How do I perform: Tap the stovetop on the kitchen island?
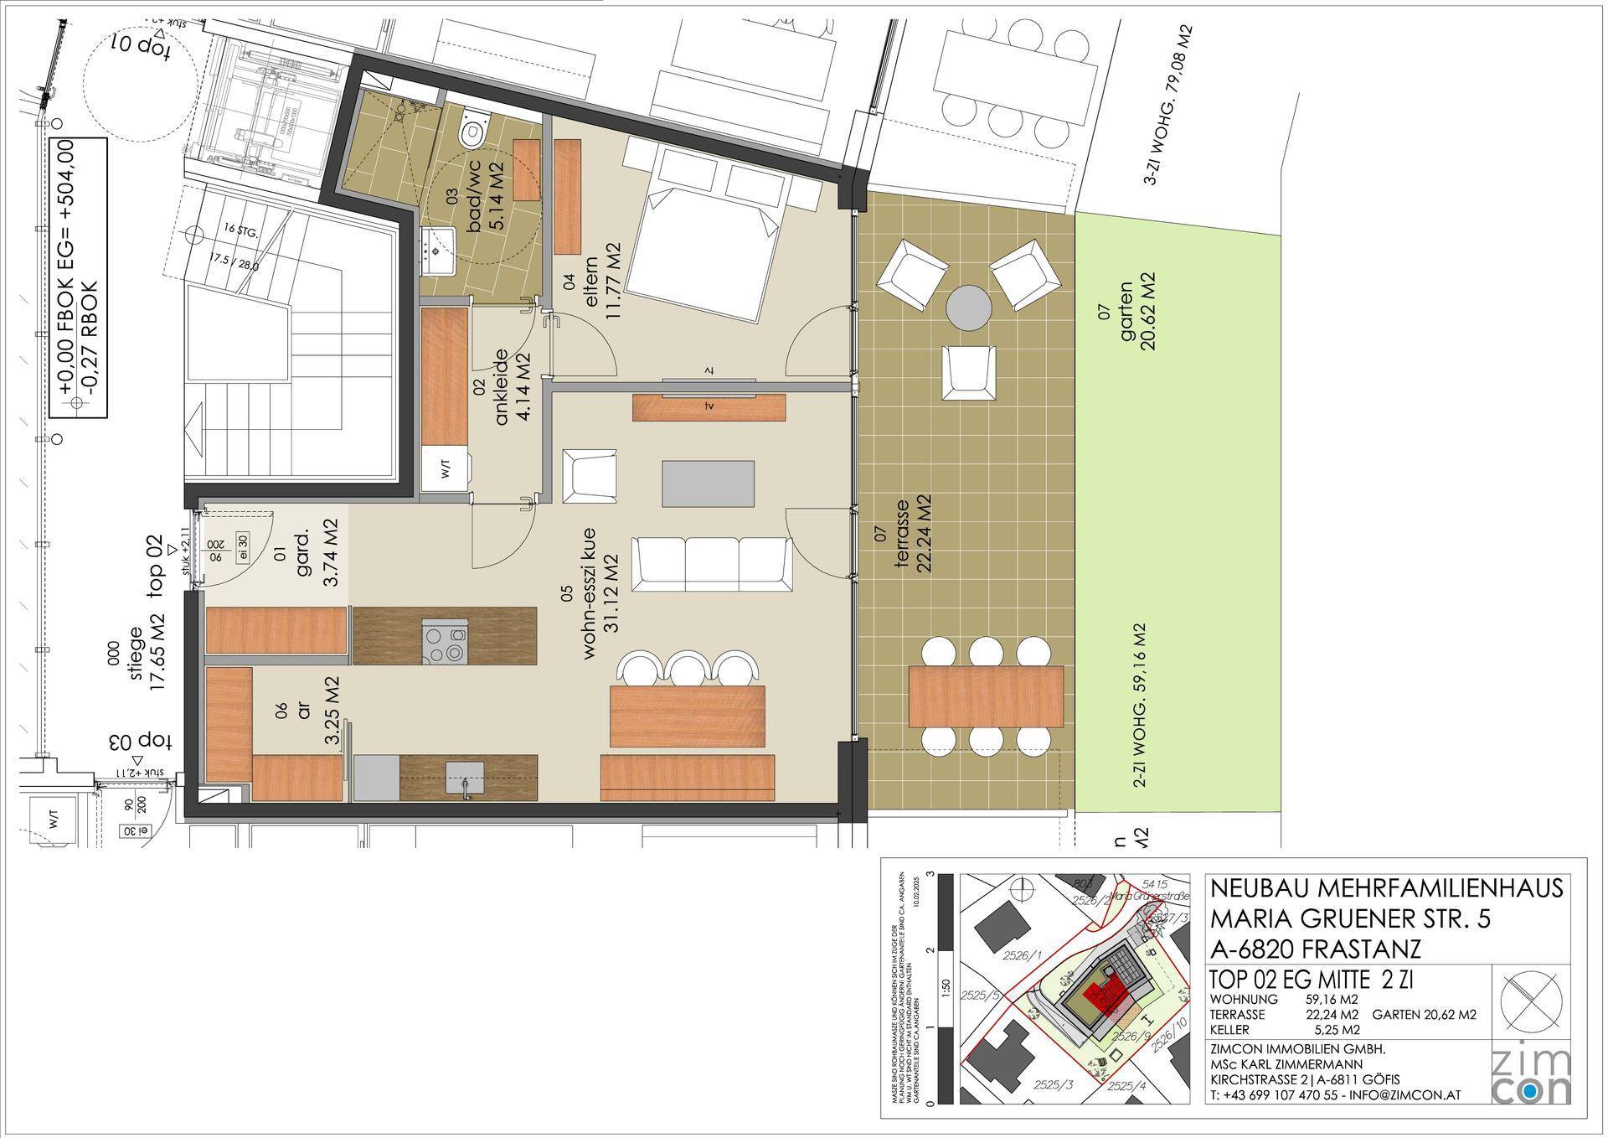[x=445, y=643]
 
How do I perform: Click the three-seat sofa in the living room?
[x=712, y=565]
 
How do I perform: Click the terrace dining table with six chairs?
[x=986, y=696]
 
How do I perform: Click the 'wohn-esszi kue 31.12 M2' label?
[x=600, y=593]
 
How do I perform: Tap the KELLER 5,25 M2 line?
[x=1285, y=1029]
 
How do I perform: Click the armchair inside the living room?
[x=590, y=475]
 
